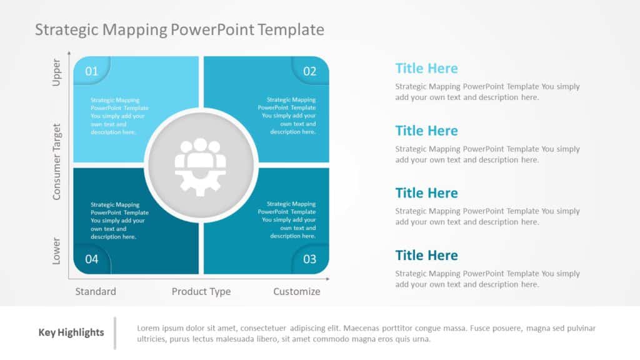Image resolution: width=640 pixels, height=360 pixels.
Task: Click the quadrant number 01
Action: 92,71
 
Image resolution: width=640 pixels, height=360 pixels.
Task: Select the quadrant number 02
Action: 310,71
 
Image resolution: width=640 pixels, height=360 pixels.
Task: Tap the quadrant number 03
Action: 310,259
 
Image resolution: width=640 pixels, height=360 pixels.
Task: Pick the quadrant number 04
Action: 92,259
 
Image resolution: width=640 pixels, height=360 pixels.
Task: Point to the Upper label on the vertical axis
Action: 57,73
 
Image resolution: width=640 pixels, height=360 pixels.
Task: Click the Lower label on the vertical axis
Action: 57,251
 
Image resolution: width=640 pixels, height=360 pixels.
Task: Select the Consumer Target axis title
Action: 57,161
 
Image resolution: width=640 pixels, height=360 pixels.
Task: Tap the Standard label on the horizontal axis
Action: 96,291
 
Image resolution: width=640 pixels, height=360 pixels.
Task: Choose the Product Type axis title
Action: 201,291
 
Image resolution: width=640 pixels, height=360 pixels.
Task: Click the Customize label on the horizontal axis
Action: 297,291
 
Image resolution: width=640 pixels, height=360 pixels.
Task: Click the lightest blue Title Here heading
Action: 426,69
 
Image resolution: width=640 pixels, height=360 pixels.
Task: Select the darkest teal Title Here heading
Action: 426,255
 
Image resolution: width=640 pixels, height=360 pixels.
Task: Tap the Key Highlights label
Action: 71,332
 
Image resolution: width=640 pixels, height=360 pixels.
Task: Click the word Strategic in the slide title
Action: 66,29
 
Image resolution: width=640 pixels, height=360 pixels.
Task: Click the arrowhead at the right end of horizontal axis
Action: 330,276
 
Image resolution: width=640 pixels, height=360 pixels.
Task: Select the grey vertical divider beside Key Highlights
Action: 115,333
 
